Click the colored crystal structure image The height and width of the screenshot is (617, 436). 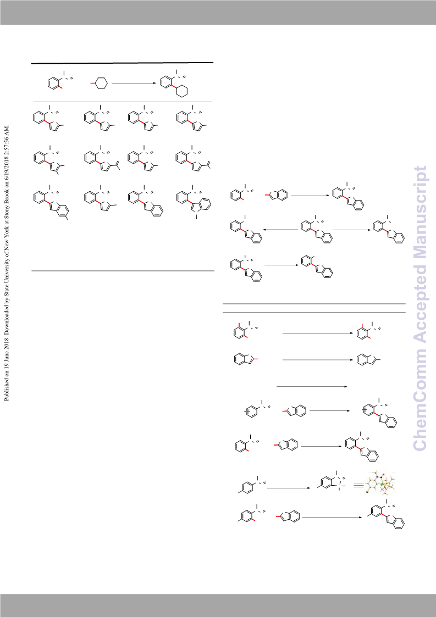(381, 483)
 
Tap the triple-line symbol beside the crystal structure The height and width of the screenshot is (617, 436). (358, 486)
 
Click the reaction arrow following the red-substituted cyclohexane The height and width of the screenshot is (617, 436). (134, 84)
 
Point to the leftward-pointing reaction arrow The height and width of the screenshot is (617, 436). (280, 230)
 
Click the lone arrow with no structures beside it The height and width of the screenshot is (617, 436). (312, 386)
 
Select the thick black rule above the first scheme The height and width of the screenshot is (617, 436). (122, 63)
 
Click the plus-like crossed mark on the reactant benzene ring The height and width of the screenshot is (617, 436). (247, 411)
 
